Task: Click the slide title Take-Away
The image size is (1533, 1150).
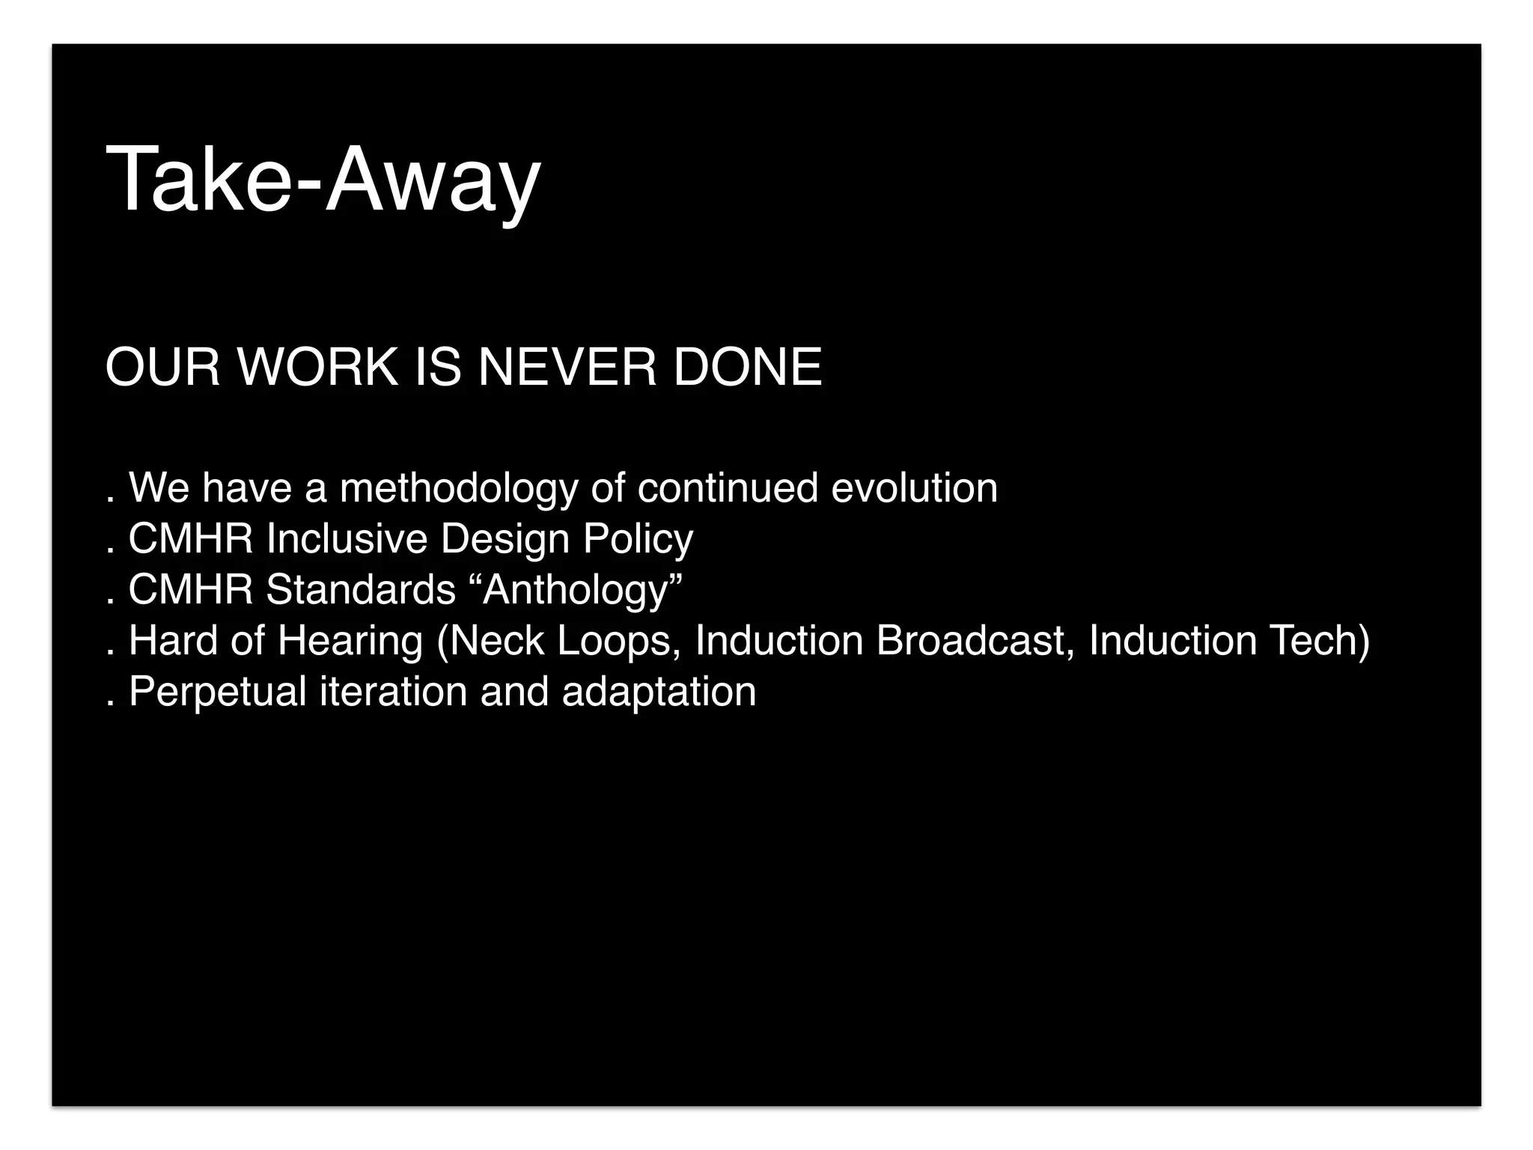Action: (x=323, y=180)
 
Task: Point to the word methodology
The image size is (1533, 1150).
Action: (x=459, y=489)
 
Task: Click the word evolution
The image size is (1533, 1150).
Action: (x=914, y=488)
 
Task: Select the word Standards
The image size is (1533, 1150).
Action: (x=361, y=589)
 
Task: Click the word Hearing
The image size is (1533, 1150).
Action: (x=350, y=642)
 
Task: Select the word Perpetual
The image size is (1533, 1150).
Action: (x=218, y=692)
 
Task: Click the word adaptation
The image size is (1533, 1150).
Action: (x=659, y=692)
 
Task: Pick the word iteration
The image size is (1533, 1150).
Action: (x=393, y=691)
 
